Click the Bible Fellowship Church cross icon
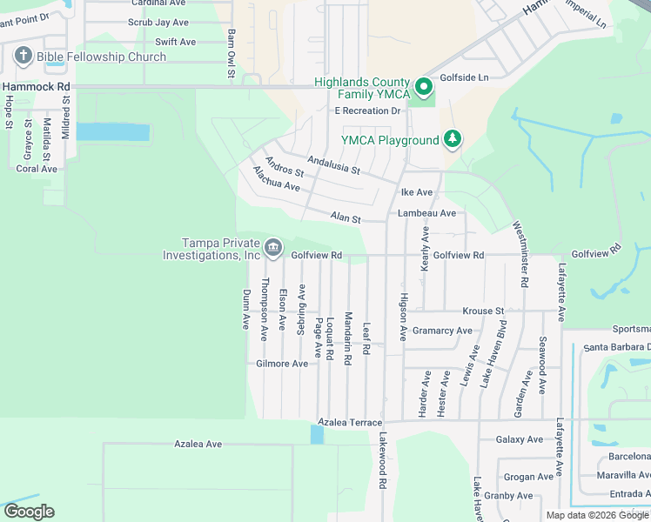pos(23,57)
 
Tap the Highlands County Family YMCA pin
pos(423,86)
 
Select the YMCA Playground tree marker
pos(452,139)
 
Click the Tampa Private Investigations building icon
pos(273,249)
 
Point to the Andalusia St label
pos(332,164)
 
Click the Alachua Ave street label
pos(276,180)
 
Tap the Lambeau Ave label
pos(426,213)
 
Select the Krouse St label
pos(483,311)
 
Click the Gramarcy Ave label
pos(442,331)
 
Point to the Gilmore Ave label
pos(282,364)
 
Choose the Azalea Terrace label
pos(349,422)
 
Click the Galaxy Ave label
pos(520,439)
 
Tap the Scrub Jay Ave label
pos(158,23)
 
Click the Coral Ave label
pos(37,169)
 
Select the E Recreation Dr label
pos(367,110)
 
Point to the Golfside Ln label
pos(464,77)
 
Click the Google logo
pos(29,512)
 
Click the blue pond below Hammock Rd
pos(112,132)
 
